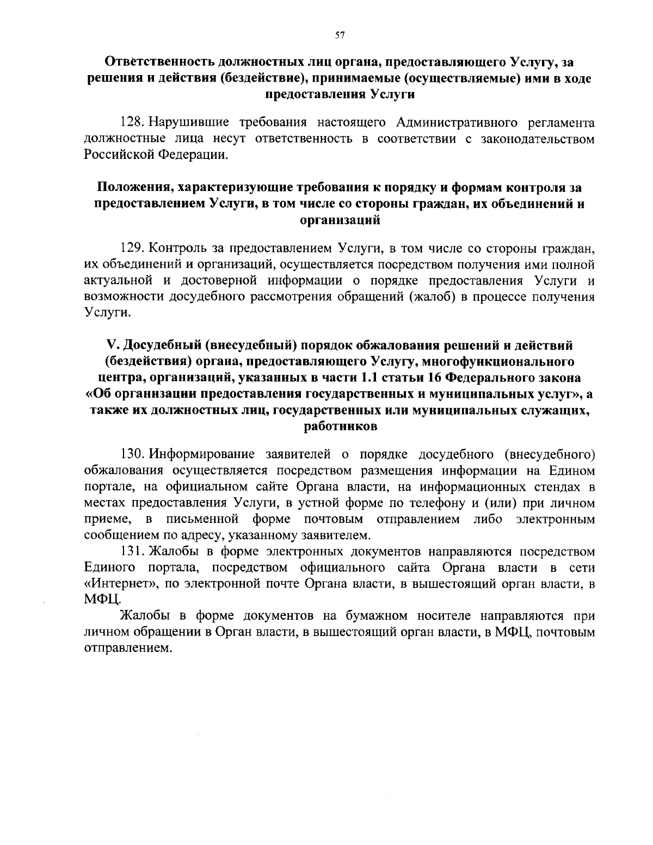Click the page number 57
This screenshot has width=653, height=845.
point(340,36)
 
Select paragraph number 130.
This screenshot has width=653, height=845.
point(132,453)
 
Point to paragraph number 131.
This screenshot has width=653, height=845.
point(132,551)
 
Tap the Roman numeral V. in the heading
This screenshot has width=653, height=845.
point(113,346)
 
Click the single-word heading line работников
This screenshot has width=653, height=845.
point(340,427)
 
